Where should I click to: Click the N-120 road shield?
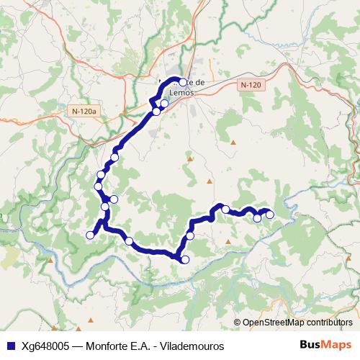coord(250,84)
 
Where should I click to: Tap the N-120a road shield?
coord(84,112)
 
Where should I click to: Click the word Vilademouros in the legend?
coord(194,346)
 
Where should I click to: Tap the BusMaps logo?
coord(325,346)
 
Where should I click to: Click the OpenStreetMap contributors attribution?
coord(297,323)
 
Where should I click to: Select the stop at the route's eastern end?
coord(270,214)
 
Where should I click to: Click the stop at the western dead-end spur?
coord(91,235)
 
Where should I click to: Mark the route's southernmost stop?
coord(185,260)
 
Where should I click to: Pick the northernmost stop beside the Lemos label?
coord(183,82)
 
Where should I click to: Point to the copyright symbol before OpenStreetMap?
coord(238,323)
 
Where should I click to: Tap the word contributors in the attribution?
coord(328,323)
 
